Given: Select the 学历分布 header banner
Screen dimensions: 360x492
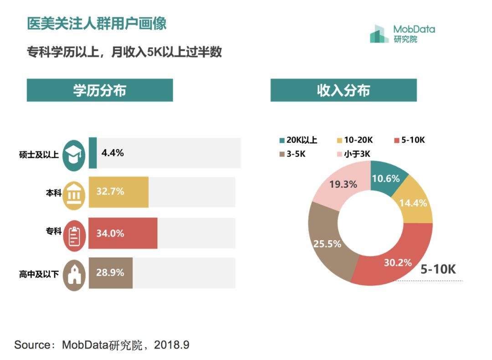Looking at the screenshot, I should pyautogui.click(x=100, y=90).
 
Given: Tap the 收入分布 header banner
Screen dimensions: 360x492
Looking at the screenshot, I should pyautogui.click(x=343, y=90).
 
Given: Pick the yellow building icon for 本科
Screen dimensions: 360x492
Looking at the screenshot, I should pyautogui.click(x=74, y=195).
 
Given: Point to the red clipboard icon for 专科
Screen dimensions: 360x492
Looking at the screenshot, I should pyautogui.click(x=74, y=235).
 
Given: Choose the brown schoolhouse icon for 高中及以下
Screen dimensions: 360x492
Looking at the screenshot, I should pyautogui.click(x=74, y=275).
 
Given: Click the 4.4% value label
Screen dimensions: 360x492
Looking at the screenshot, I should pyautogui.click(x=113, y=153).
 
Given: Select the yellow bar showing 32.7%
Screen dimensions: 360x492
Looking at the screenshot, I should pyautogui.click(x=118, y=192).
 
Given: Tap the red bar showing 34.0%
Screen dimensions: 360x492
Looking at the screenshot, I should pyautogui.click(x=123, y=233).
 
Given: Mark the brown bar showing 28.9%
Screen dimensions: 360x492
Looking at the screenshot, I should pyautogui.click(x=111, y=273).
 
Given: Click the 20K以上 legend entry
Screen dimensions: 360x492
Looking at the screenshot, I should pyautogui.click(x=298, y=140).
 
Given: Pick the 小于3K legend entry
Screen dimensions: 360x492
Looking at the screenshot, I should pyautogui.click(x=354, y=154).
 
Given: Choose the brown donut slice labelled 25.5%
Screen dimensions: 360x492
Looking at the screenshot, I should pyautogui.click(x=327, y=243).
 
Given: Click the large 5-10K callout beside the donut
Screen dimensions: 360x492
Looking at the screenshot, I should pyautogui.click(x=438, y=269).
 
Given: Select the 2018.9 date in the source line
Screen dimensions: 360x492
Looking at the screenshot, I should pyautogui.click(x=172, y=345).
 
